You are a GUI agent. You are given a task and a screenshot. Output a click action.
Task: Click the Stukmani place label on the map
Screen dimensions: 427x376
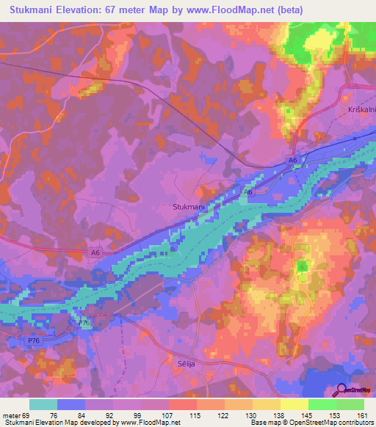click(x=189, y=208)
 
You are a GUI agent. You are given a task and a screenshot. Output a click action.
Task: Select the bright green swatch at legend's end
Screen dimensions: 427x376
click(x=350, y=404)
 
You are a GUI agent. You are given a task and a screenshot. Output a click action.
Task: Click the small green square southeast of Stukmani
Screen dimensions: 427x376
click(x=302, y=266)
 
